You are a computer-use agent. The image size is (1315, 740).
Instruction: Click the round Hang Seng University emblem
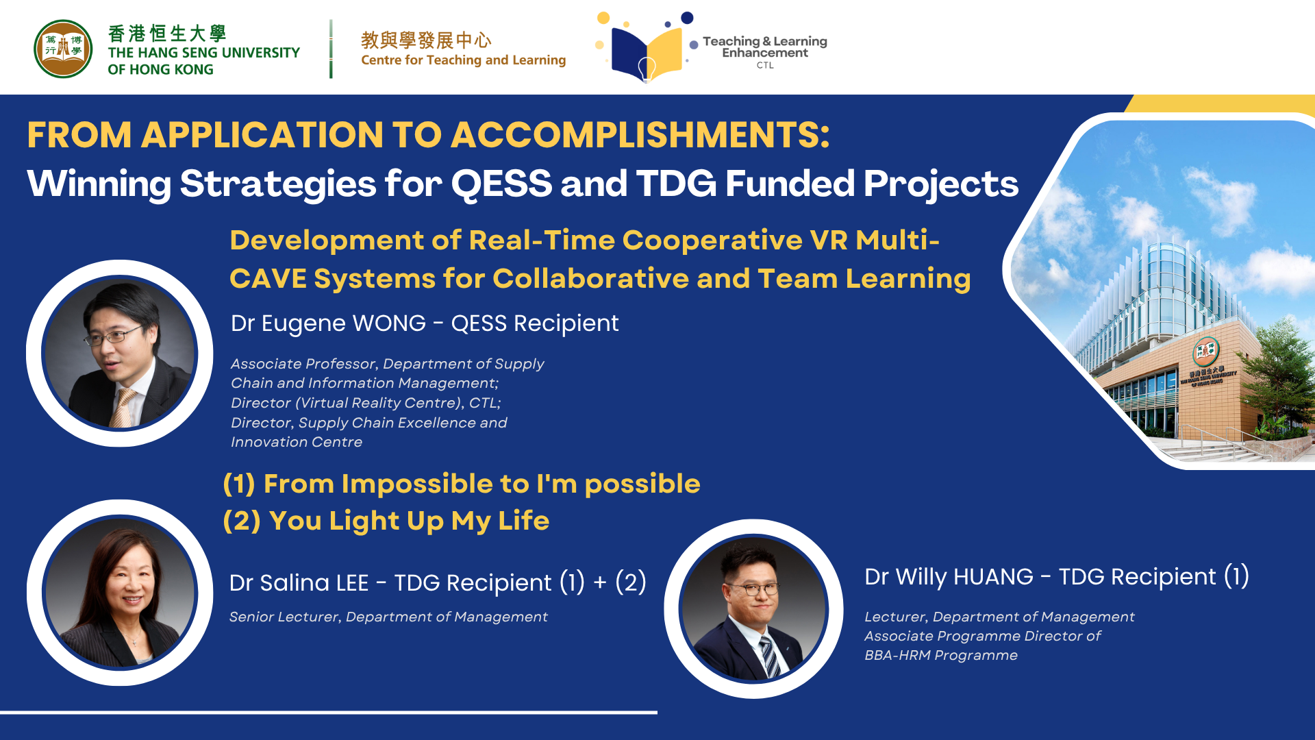(x=63, y=49)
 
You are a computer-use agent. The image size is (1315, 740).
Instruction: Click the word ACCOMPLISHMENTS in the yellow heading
(x=640, y=135)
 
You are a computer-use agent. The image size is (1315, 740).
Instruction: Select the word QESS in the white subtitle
(x=501, y=184)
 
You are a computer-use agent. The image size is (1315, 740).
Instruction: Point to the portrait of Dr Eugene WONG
(x=120, y=353)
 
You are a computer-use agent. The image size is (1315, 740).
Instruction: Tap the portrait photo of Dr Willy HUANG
(x=753, y=608)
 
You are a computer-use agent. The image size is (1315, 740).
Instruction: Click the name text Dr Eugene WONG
(x=328, y=323)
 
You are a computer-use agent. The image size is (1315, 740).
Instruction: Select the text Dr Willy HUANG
(x=949, y=577)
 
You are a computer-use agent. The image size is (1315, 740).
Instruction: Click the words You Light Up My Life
(x=409, y=521)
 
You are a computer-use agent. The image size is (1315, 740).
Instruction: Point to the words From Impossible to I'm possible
(x=481, y=484)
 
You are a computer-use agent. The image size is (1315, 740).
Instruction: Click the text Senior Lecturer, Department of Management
(x=388, y=617)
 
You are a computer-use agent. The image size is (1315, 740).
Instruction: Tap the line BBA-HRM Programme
(x=940, y=655)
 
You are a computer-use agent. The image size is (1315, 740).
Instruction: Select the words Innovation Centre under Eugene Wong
(x=297, y=442)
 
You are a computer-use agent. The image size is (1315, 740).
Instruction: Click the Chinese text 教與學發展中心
(x=426, y=40)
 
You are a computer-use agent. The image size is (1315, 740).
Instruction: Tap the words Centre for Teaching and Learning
(x=463, y=60)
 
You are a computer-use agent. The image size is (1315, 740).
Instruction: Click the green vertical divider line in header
(x=331, y=49)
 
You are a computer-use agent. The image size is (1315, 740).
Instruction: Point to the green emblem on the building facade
(x=1205, y=351)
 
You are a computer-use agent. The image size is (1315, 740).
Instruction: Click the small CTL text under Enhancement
(x=765, y=66)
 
